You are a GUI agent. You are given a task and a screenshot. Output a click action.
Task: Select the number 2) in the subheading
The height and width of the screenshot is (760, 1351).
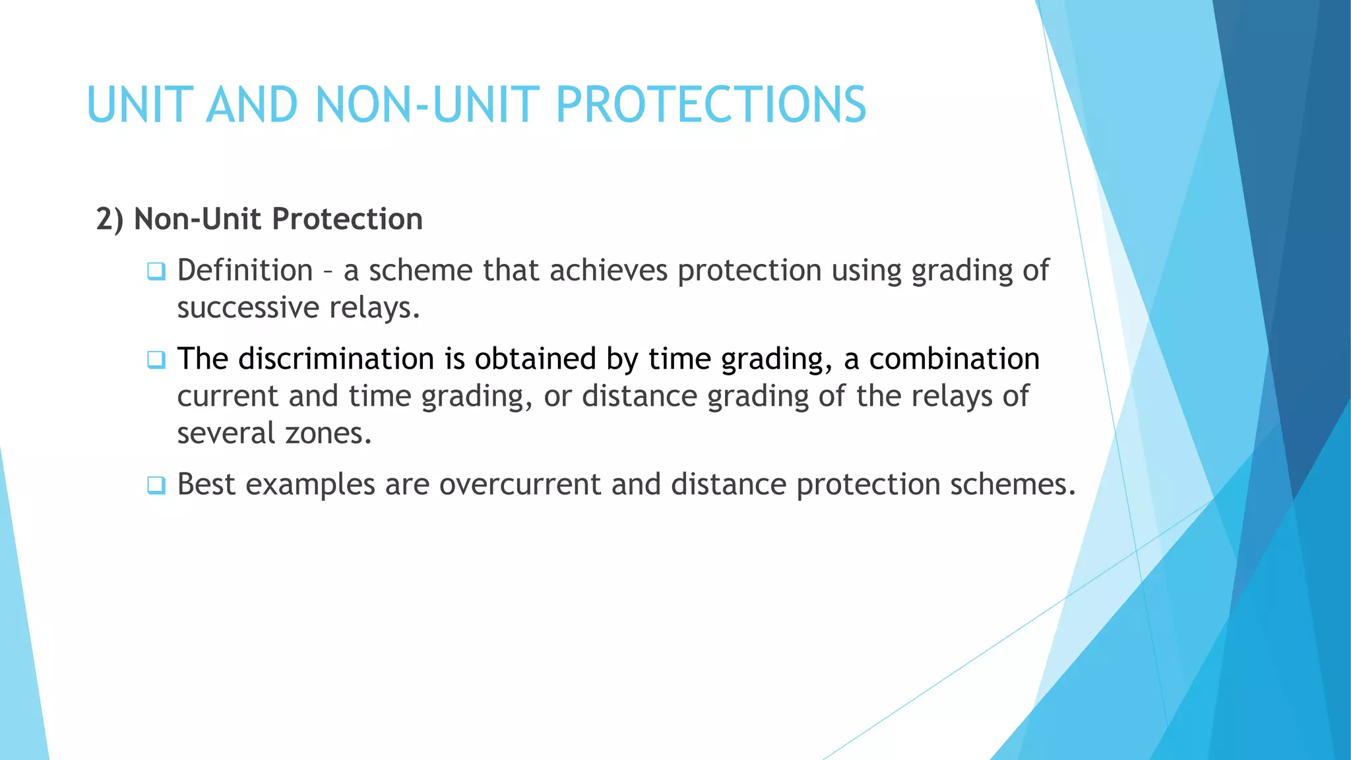(110, 219)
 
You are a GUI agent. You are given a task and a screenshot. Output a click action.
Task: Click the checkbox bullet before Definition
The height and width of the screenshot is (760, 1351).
(156, 271)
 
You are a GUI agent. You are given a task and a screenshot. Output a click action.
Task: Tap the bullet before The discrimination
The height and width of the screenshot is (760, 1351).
(156, 360)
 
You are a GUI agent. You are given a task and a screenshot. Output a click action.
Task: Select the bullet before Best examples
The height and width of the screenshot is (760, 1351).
(156, 485)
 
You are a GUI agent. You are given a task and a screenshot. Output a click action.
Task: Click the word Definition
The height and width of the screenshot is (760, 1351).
(245, 270)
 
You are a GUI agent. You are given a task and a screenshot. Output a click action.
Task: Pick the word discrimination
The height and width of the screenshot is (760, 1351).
(336, 359)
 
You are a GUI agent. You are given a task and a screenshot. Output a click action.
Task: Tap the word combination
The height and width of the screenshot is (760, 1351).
(954, 359)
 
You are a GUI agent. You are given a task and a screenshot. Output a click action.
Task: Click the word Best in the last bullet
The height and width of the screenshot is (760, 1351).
(206, 484)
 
